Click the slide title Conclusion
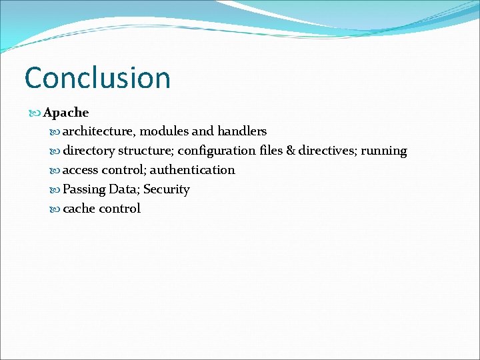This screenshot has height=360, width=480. tap(97, 77)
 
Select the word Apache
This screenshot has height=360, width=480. tap(66, 113)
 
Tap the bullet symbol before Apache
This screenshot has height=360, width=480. tap(36, 113)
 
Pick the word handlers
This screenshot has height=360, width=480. tap(242, 131)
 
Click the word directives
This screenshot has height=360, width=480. tap(327, 151)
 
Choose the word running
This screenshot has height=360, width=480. tap(384, 151)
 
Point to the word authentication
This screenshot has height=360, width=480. tap(192, 170)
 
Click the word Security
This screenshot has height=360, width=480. tap(167, 190)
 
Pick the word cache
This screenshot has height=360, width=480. tap(79, 209)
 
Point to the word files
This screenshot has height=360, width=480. tap(271, 151)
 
